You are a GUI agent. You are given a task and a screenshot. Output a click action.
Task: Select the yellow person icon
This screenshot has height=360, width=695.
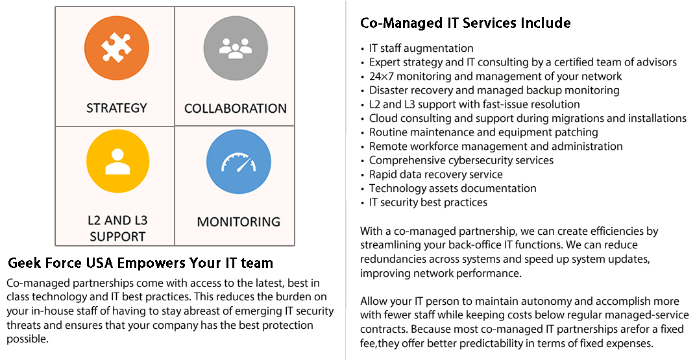[x=117, y=161]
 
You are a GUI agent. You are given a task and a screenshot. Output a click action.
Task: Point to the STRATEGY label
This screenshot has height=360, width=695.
[x=117, y=108]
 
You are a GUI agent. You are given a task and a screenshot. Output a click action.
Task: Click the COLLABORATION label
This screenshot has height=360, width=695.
[x=236, y=108]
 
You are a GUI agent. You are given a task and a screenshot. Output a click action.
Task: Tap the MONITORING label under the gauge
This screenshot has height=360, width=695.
[x=239, y=221]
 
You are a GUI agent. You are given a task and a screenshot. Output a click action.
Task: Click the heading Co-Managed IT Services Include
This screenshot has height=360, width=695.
[x=465, y=23]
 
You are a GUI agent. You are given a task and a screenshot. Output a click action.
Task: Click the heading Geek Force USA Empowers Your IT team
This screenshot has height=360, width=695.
[x=140, y=263]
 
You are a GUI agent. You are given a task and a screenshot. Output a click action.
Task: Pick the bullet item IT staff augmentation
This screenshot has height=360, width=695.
[x=421, y=48]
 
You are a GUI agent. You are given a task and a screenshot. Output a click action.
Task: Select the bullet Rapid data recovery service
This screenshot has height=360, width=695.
[x=435, y=174]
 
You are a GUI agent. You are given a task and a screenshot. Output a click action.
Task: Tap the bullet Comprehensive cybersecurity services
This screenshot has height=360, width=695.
[x=461, y=160]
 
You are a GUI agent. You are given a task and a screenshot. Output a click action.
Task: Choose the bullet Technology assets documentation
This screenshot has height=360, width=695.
[x=452, y=188]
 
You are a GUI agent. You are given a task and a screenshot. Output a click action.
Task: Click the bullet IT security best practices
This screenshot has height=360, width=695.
[x=428, y=202]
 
